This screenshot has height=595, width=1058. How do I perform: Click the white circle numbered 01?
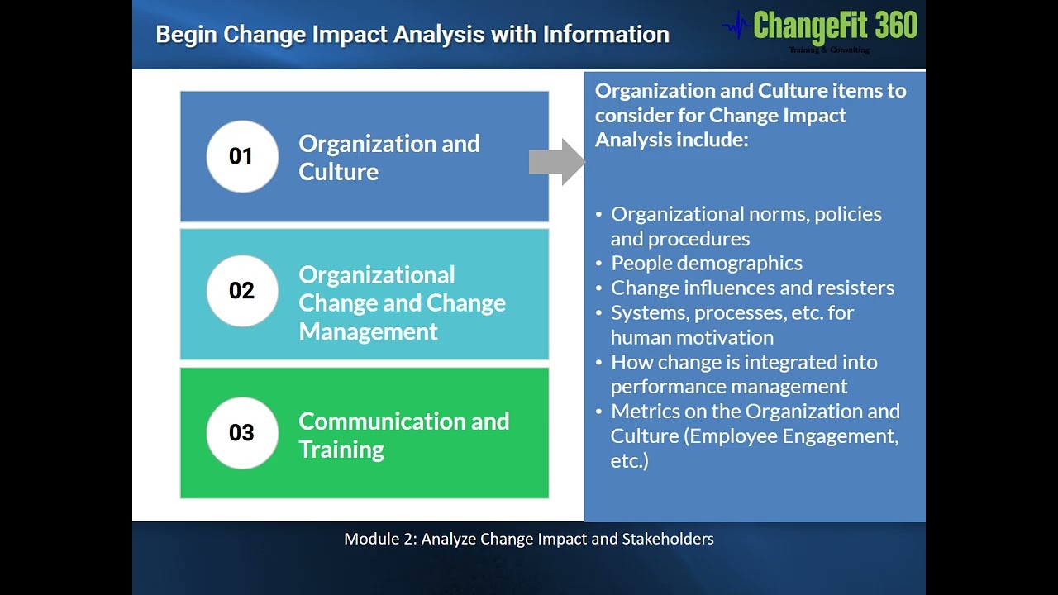tap(241, 156)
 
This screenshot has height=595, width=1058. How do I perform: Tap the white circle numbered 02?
tap(241, 291)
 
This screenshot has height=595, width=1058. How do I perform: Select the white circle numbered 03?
tap(241, 433)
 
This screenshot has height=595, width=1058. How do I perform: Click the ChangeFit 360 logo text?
tap(835, 26)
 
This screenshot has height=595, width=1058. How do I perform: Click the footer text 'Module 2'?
tap(380, 539)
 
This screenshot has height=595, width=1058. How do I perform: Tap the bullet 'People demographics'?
tap(706, 264)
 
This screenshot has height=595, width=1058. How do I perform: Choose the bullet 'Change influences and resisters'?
tap(752, 288)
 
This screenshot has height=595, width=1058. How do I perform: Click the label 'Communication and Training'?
tap(403, 435)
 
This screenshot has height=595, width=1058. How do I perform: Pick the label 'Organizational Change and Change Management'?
tap(402, 302)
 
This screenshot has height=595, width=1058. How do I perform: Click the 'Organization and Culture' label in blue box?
tap(388, 157)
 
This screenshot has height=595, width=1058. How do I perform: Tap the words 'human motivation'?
tap(692, 337)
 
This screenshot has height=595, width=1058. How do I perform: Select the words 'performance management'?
tap(728, 387)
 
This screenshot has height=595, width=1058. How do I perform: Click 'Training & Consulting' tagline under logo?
tap(828, 50)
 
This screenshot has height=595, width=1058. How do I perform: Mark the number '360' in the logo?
tap(896, 26)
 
